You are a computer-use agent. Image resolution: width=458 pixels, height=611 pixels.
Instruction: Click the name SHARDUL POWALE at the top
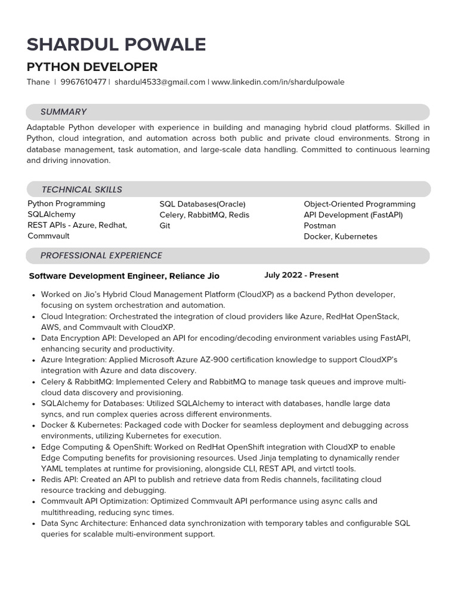pos(116,45)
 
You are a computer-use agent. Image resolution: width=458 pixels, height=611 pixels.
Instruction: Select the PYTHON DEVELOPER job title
pos(92,67)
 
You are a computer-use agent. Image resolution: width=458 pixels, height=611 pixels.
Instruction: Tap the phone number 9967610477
pos(83,82)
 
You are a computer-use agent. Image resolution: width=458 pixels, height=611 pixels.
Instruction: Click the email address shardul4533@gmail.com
pos(160,82)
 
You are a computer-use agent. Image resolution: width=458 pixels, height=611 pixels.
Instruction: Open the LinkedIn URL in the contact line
pos(278,82)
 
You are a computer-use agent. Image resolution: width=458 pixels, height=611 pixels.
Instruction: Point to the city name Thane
pos(38,82)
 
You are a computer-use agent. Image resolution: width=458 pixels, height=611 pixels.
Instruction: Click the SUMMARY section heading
pos(63,112)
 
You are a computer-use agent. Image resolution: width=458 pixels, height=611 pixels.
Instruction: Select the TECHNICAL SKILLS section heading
pos(82,190)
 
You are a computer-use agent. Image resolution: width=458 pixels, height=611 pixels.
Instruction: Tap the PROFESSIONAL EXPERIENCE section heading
pos(101,255)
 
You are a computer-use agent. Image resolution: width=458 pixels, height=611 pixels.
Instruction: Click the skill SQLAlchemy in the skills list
pos(51,215)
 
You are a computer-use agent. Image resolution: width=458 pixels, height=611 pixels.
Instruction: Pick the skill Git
pos(165,226)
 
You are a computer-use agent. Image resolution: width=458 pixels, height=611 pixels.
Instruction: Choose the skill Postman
pos(320,226)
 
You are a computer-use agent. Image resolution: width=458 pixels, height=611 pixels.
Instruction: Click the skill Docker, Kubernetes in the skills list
pos(341,237)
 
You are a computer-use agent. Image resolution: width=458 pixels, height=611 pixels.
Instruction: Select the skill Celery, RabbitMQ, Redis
pos(205,215)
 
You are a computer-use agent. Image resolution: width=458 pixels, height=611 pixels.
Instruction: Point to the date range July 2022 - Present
pos(301,275)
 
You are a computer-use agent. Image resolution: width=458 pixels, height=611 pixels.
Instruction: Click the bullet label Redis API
pos(59,480)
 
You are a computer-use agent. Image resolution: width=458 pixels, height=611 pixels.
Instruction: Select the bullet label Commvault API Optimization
pos(94,501)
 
